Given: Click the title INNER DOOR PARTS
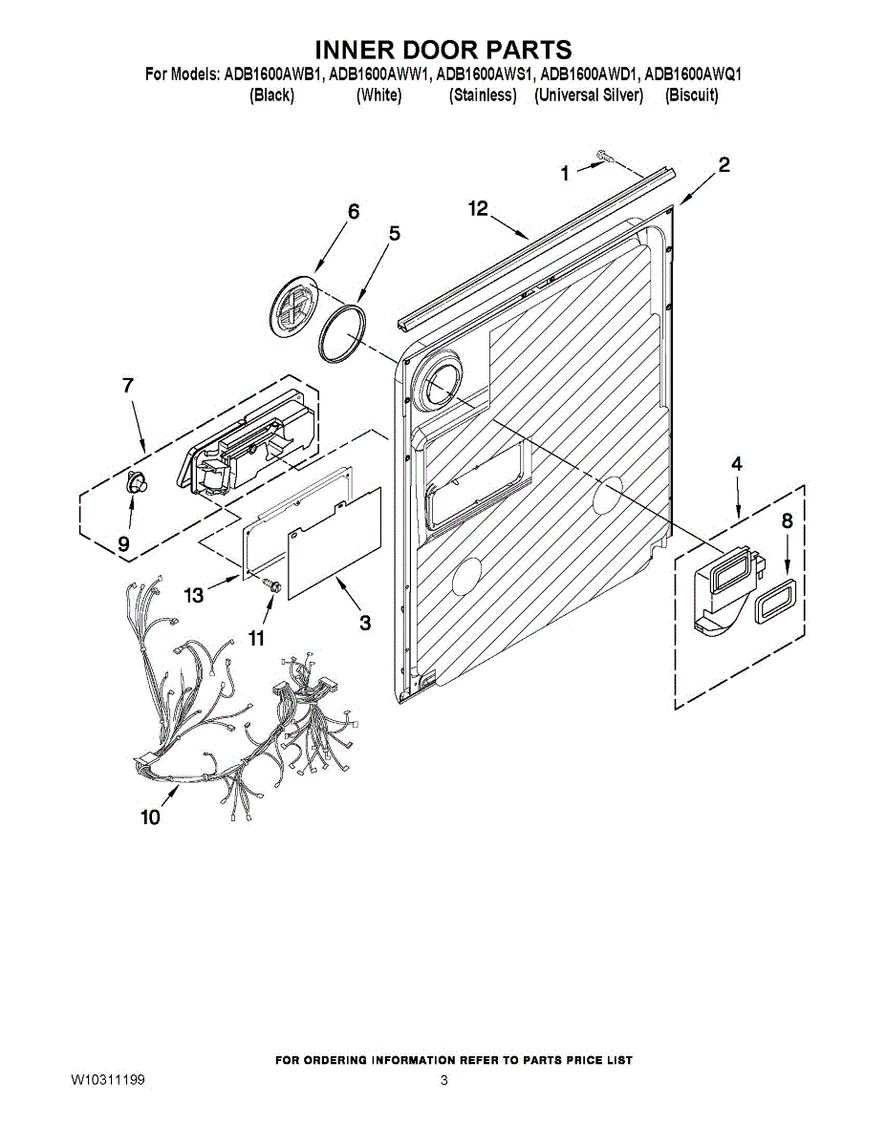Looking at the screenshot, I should tap(443, 50).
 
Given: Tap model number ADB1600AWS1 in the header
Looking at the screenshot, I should tap(485, 74).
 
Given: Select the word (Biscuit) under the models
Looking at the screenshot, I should tap(691, 95).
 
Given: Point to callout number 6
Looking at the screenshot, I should tap(354, 212).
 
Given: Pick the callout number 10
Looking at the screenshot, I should tap(150, 817).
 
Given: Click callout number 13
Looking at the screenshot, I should tap(194, 596).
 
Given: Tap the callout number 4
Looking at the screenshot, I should tap(737, 464).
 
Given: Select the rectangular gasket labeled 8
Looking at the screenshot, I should tap(776, 600).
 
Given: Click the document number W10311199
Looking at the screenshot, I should tap(108, 1081).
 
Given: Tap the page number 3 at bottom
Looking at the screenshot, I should tap(443, 1081).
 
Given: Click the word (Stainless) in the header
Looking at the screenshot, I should tap(483, 95).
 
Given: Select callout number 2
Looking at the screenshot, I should tap(724, 164).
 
